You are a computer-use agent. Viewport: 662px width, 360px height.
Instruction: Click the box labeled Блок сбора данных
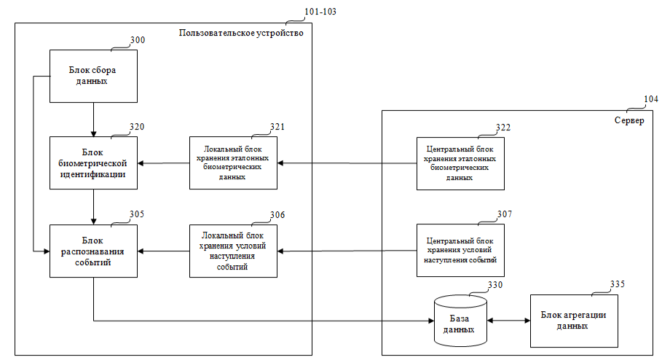(93, 76)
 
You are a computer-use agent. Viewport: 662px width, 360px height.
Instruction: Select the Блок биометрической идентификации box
(93, 163)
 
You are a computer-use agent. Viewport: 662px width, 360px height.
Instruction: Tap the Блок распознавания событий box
(93, 251)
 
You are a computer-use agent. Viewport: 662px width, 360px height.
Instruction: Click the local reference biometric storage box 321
(233, 163)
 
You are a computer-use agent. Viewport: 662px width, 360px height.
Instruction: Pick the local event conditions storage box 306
(233, 251)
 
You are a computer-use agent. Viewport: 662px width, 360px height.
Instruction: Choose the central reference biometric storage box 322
(460, 163)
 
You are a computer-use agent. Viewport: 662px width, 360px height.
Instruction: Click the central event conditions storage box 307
(460, 251)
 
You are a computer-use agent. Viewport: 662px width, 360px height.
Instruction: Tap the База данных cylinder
(460, 321)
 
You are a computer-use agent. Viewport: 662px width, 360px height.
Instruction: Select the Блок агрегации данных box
(574, 321)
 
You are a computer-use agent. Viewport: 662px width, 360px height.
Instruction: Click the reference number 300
(137, 41)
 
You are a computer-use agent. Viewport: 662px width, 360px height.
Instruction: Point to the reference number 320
(137, 126)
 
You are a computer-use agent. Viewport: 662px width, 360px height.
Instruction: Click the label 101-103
(321, 12)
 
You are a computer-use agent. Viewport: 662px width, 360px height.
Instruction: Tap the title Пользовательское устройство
(240, 33)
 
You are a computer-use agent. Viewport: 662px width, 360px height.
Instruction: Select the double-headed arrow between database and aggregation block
(510, 321)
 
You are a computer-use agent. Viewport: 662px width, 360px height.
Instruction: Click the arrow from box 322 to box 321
(347, 163)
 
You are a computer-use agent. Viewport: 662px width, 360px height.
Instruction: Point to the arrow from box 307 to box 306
(347, 251)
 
